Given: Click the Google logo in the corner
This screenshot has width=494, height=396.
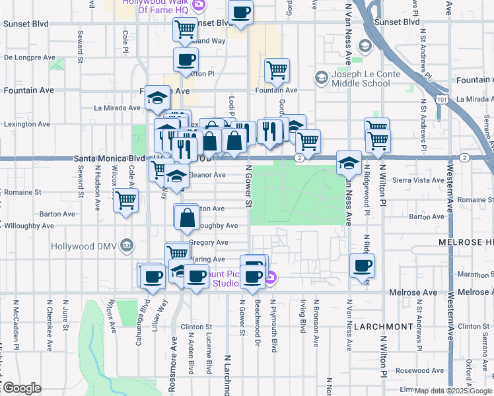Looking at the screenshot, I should [x=22, y=388].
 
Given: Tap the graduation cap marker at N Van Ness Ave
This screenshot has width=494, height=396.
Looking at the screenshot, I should [x=348, y=163].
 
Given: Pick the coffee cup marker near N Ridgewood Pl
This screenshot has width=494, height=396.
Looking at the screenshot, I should [x=361, y=265].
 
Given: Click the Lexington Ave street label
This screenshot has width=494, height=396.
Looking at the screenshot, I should [x=27, y=124].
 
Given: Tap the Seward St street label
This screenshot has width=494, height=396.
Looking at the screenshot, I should [x=80, y=46].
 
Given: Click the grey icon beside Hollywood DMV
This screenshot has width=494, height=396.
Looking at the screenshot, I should [x=127, y=244].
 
